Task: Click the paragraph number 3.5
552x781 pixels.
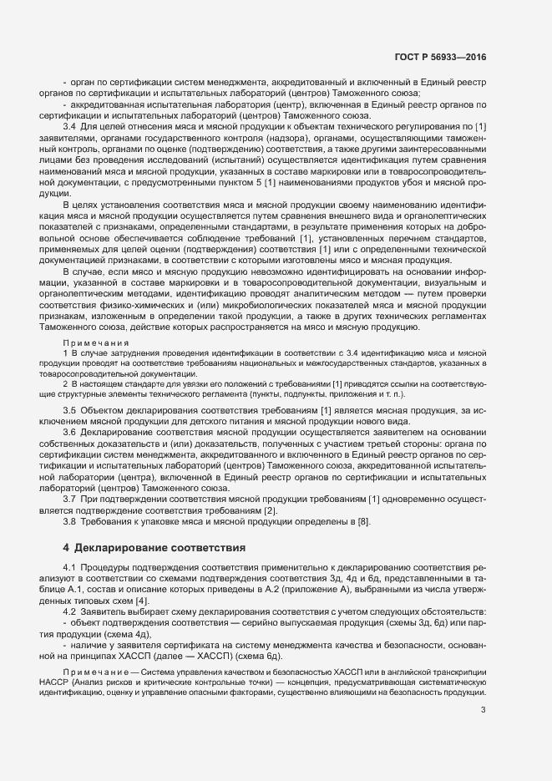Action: (70, 410)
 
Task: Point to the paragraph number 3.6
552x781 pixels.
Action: (70, 433)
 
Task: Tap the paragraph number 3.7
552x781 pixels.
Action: (70, 499)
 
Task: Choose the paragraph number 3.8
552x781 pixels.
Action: (70, 521)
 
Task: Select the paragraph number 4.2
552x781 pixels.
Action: (70, 611)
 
